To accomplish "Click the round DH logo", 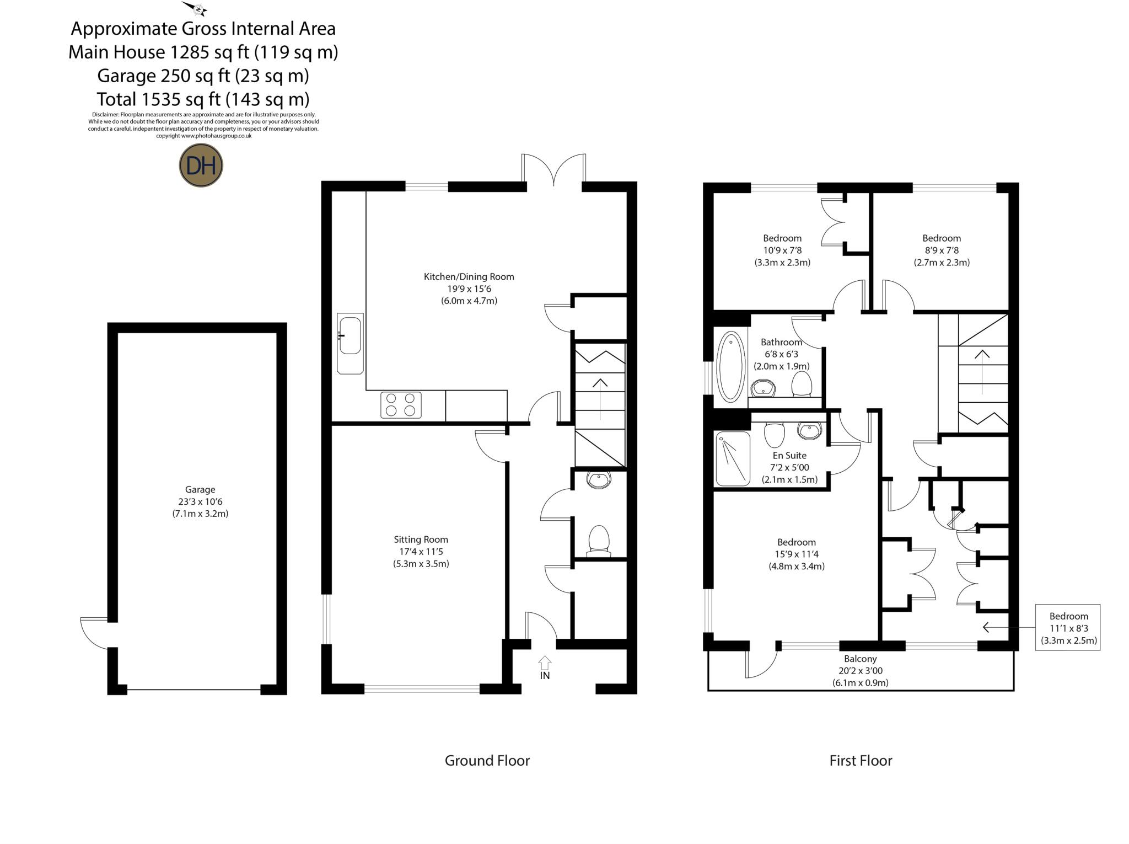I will (201, 165).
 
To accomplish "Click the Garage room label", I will (200, 501).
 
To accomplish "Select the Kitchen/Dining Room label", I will (469, 289).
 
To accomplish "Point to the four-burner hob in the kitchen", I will (401, 404).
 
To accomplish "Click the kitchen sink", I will (350, 335).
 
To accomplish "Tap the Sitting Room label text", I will (421, 551).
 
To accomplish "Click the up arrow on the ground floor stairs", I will (600, 399).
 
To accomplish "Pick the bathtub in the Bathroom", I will (730, 366).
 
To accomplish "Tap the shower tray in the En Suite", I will (733, 459).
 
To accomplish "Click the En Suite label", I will (789, 467).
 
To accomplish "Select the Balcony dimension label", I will (860, 670).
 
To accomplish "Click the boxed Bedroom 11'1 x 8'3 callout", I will (1068, 628).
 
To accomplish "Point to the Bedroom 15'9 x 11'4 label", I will (797, 554).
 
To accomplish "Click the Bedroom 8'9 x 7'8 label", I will (942, 250).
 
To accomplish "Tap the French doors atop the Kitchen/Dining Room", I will (553, 171).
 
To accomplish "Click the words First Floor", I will (860, 760).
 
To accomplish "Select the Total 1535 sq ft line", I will (203, 99).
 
